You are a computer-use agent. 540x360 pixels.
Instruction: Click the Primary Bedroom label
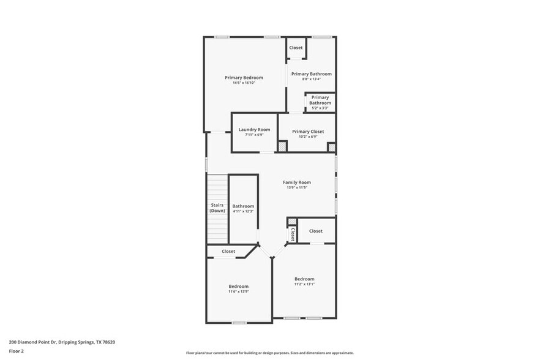click(x=244, y=78)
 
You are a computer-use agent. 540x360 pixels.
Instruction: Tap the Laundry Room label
click(x=254, y=130)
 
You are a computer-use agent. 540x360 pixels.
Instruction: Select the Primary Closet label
click(x=308, y=132)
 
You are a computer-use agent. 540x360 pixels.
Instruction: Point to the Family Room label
click(x=296, y=182)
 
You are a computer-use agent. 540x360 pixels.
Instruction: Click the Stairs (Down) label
click(x=217, y=208)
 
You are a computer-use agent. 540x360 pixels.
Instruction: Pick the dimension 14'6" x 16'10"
click(x=244, y=83)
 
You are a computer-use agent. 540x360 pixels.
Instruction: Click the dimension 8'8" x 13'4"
click(x=311, y=79)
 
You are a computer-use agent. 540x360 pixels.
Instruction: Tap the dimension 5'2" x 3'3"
click(x=320, y=108)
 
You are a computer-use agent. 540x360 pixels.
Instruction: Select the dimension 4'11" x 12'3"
click(x=243, y=212)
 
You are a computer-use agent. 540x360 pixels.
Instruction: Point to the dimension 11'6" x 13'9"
click(x=239, y=291)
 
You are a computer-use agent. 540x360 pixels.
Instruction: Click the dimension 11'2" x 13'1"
click(x=304, y=284)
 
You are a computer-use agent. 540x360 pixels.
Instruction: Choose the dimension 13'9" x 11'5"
click(x=296, y=188)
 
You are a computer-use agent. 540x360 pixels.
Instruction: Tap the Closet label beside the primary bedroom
click(x=296, y=48)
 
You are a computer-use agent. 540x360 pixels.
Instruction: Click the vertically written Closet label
click(x=293, y=234)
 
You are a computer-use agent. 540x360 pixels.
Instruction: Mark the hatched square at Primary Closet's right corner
click(x=331, y=147)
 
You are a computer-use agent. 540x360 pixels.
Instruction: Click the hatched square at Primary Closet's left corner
click(x=282, y=147)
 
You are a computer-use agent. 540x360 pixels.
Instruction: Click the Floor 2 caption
click(x=17, y=351)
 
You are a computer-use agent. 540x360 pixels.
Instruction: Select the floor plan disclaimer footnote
click(x=270, y=353)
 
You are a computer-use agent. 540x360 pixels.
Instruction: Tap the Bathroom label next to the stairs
click(x=243, y=206)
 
